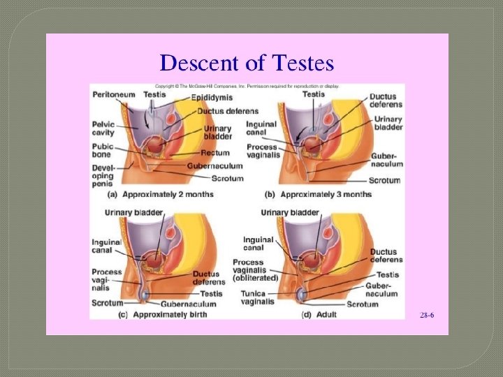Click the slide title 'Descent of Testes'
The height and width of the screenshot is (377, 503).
(x=247, y=64)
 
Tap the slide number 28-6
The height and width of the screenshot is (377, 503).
(x=427, y=316)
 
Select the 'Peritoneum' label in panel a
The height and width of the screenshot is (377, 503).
(x=112, y=94)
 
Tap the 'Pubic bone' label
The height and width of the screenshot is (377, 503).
(x=102, y=151)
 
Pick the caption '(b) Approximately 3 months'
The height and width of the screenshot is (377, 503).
(x=317, y=194)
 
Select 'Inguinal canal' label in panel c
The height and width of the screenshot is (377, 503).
(x=105, y=247)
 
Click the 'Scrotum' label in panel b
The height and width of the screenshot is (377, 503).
(x=386, y=180)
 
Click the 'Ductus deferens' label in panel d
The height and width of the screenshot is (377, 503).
(x=384, y=256)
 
